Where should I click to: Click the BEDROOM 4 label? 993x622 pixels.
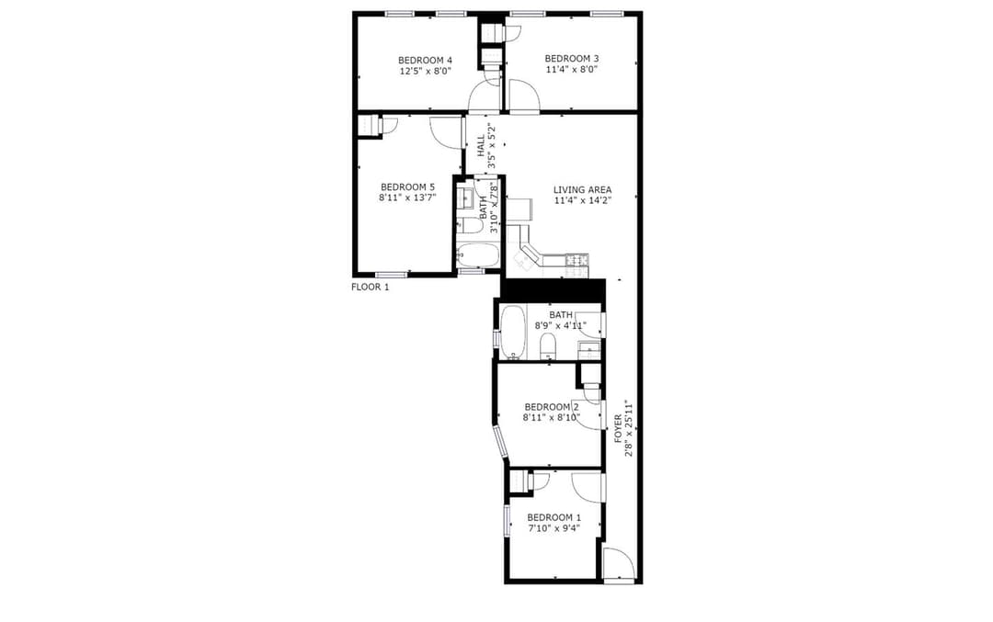click(x=425, y=60)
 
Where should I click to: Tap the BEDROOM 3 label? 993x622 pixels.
click(x=572, y=58)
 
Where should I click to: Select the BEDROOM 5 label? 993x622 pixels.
click(x=408, y=187)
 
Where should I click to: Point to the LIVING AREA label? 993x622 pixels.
click(x=583, y=190)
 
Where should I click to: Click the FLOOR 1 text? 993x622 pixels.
click(x=370, y=288)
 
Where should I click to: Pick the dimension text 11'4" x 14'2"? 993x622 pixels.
click(x=583, y=200)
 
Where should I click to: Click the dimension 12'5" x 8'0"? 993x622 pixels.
click(x=425, y=72)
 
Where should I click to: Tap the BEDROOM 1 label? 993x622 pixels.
click(x=554, y=517)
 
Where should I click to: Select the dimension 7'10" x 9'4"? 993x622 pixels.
click(x=554, y=528)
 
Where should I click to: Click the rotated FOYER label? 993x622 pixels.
click(x=619, y=428)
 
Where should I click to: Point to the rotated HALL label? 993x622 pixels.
click(x=481, y=145)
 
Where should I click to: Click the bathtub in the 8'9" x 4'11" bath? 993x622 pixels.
click(x=512, y=333)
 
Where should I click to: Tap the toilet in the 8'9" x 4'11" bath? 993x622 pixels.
click(x=548, y=346)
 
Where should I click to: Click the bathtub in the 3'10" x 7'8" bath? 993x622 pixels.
click(x=478, y=255)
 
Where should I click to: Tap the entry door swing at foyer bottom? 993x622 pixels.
click(x=618, y=562)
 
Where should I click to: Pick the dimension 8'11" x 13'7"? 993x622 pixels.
click(x=408, y=198)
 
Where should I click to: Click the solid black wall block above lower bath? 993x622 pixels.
click(x=553, y=291)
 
